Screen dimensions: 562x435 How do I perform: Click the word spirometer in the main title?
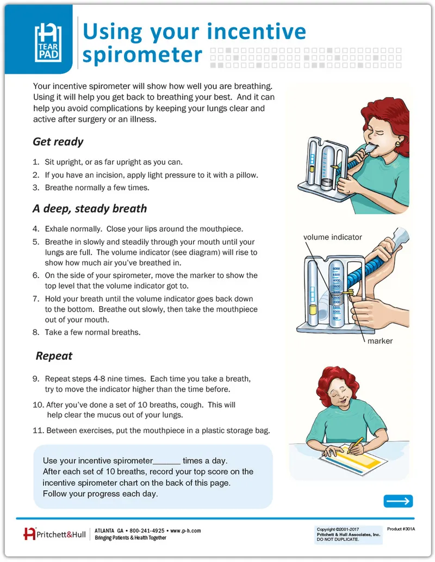[x=142, y=55]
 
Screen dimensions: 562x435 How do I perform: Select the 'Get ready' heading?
[x=58, y=142]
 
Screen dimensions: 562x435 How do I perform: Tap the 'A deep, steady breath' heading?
[x=90, y=209]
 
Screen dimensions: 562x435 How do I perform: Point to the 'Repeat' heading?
[x=54, y=356]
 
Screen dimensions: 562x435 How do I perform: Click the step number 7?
[x=35, y=299]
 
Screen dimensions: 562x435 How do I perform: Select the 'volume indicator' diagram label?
[x=332, y=237]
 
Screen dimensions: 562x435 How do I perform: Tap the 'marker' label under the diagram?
[x=380, y=341]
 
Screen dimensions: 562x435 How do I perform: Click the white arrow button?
[x=398, y=501]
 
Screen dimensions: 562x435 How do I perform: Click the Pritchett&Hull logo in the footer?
[x=54, y=534]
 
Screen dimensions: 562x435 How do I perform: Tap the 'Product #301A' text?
[x=401, y=528]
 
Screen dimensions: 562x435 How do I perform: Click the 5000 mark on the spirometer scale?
[x=336, y=269]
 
